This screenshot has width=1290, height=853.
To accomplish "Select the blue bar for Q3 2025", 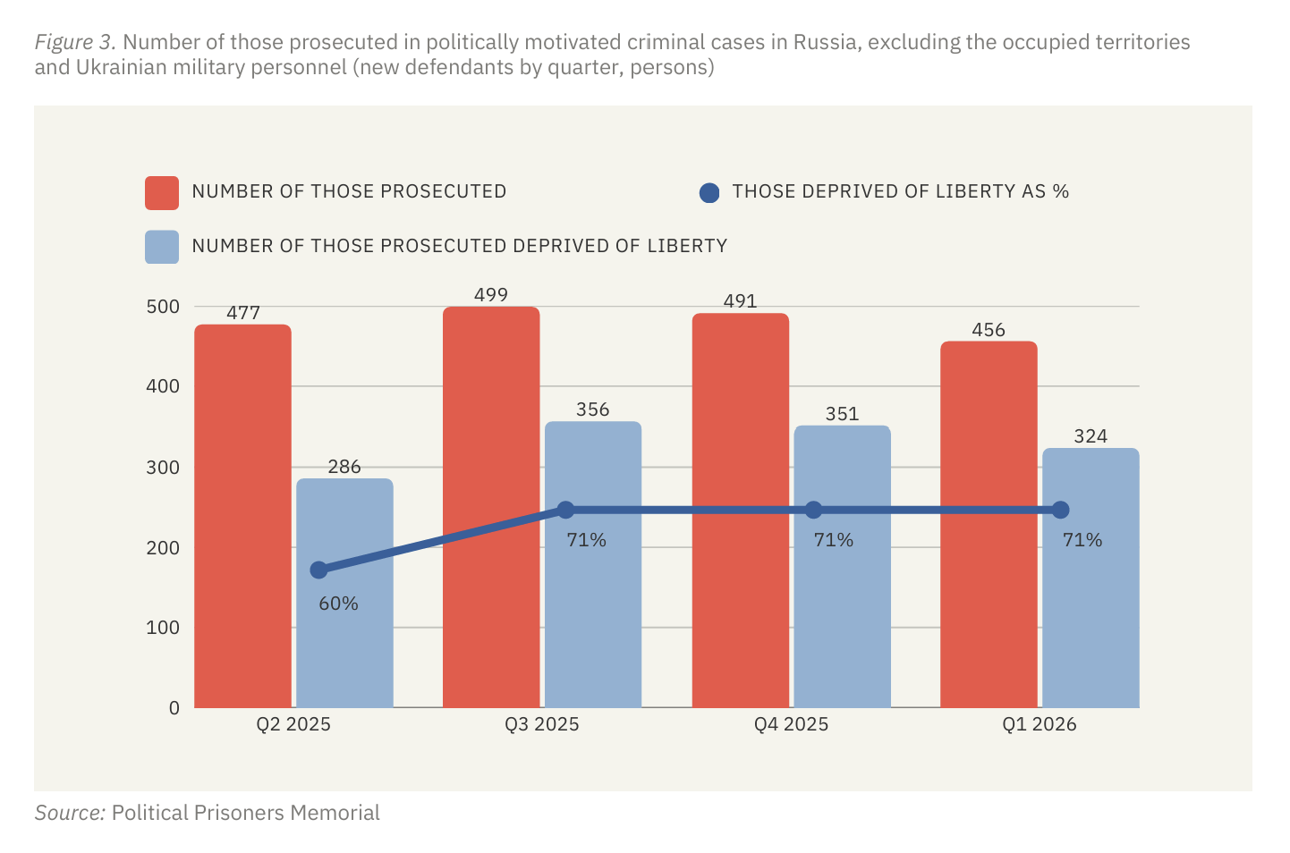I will point(593,608).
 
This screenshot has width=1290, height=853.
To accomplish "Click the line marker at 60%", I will point(318,570).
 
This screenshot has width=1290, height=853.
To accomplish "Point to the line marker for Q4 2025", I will point(813,511).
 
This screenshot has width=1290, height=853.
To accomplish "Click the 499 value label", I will point(491,295).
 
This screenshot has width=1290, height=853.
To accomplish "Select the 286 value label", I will point(344,467).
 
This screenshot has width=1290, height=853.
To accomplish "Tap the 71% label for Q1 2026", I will point(1082,540).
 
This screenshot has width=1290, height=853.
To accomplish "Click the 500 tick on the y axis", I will point(162,307).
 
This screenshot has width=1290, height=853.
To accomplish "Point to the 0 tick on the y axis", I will point(174,708).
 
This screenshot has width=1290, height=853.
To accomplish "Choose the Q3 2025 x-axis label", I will point(541,724).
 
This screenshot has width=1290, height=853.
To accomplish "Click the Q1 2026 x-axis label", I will point(1039,724).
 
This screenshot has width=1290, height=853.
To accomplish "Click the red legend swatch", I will point(162,193).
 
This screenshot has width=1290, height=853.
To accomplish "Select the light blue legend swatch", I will point(162,248).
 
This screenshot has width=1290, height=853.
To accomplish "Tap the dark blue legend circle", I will point(709,193).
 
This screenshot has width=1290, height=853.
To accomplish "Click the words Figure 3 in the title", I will point(75,43).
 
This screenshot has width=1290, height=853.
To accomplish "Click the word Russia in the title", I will point(827,43).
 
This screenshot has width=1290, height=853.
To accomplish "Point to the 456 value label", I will point(989,330).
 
